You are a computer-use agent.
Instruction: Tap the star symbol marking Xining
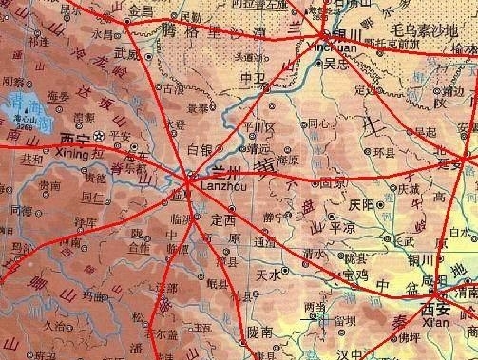pyautogui.click(x=100, y=138)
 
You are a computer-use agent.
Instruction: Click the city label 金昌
pyautogui.click(x=140, y=10)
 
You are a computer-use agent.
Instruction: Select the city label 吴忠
pyautogui.click(x=336, y=64)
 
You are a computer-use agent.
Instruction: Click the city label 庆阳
pyautogui.click(x=361, y=203)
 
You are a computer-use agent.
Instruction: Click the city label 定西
pyautogui.click(x=222, y=219)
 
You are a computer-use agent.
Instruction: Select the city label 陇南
pyautogui.click(x=258, y=332)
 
